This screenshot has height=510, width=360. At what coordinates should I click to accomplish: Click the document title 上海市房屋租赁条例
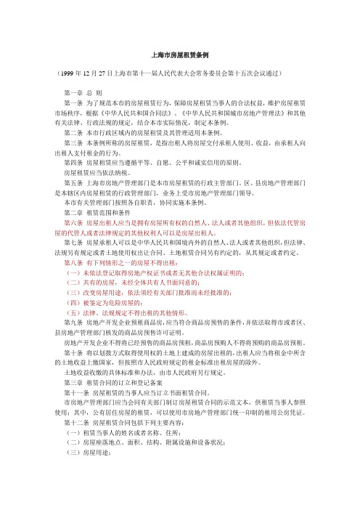[x=180, y=54]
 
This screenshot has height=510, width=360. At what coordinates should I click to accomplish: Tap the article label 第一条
[x=75, y=104]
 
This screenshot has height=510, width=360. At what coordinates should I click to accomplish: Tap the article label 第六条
[x=75, y=222]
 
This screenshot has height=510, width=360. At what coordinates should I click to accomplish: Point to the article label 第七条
[x=75, y=241]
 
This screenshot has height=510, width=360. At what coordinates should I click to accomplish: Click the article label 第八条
[x=75, y=261]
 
